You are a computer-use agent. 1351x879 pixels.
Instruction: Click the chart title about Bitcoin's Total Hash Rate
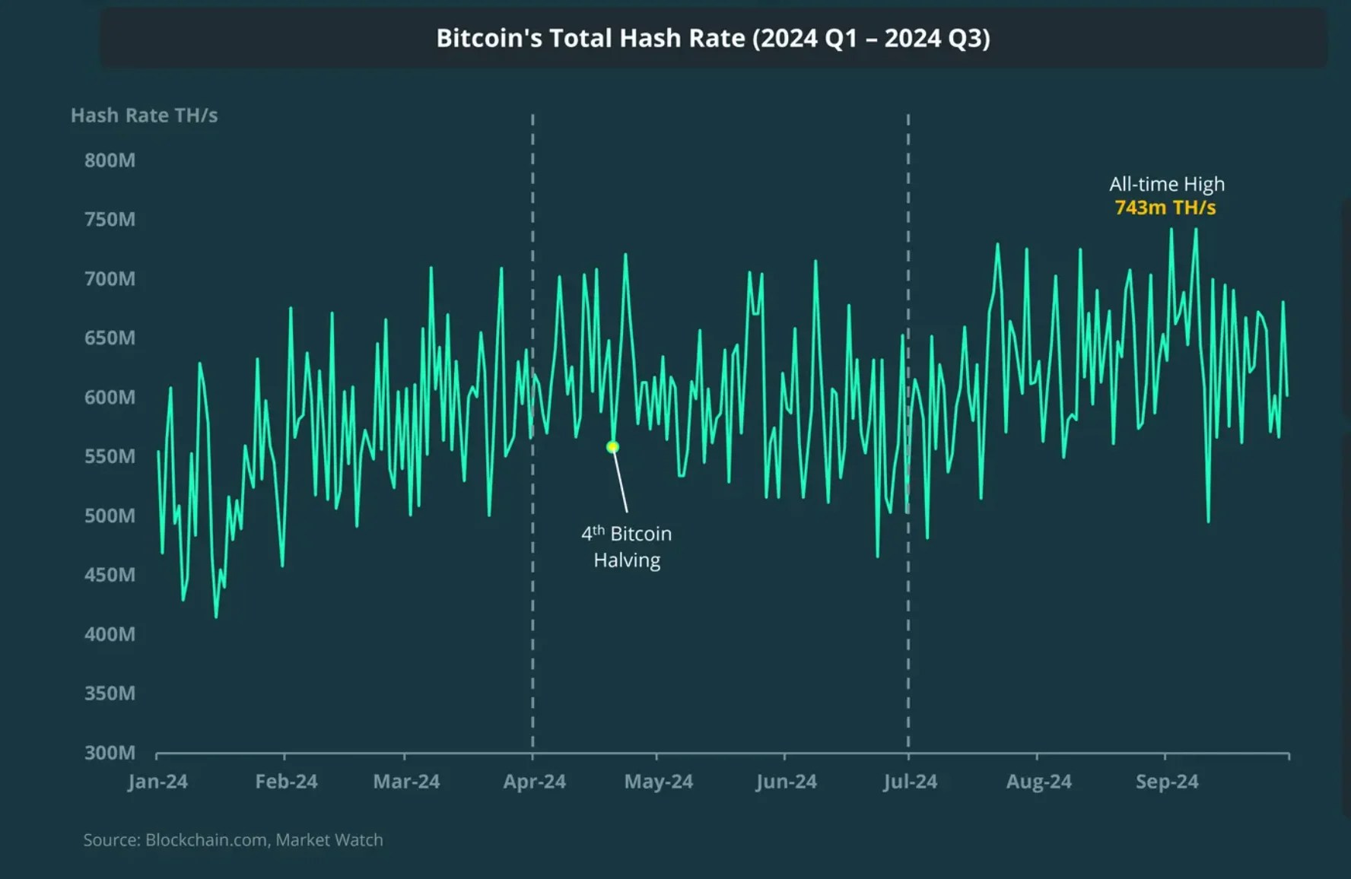[713, 38]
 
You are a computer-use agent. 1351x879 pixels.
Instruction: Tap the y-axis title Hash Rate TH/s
[144, 116]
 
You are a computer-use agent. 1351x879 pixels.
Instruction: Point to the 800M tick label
[110, 160]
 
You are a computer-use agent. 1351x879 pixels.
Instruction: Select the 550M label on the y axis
[110, 456]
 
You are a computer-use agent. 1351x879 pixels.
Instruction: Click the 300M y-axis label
[110, 752]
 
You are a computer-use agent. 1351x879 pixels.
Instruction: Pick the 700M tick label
[110, 279]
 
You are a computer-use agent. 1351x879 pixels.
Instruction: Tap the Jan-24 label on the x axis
[157, 782]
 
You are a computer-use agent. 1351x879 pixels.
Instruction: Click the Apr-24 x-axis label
[534, 782]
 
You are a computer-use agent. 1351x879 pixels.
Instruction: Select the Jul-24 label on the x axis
[910, 782]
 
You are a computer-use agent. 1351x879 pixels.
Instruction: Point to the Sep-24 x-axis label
[1166, 782]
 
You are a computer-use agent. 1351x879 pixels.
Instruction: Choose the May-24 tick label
[658, 782]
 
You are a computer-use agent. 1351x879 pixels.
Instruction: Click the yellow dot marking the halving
[612, 447]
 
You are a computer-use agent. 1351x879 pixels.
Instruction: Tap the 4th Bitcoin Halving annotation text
[627, 547]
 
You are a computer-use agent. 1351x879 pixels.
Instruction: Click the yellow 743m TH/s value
[1165, 208]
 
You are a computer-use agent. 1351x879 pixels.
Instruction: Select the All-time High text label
[1166, 184]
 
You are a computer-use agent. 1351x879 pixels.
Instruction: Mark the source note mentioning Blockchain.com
[233, 839]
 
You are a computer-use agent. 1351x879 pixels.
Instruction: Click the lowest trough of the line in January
[216, 616]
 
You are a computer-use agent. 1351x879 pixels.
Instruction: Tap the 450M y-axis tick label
[110, 575]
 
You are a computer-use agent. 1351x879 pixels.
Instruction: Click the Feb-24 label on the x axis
[286, 782]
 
